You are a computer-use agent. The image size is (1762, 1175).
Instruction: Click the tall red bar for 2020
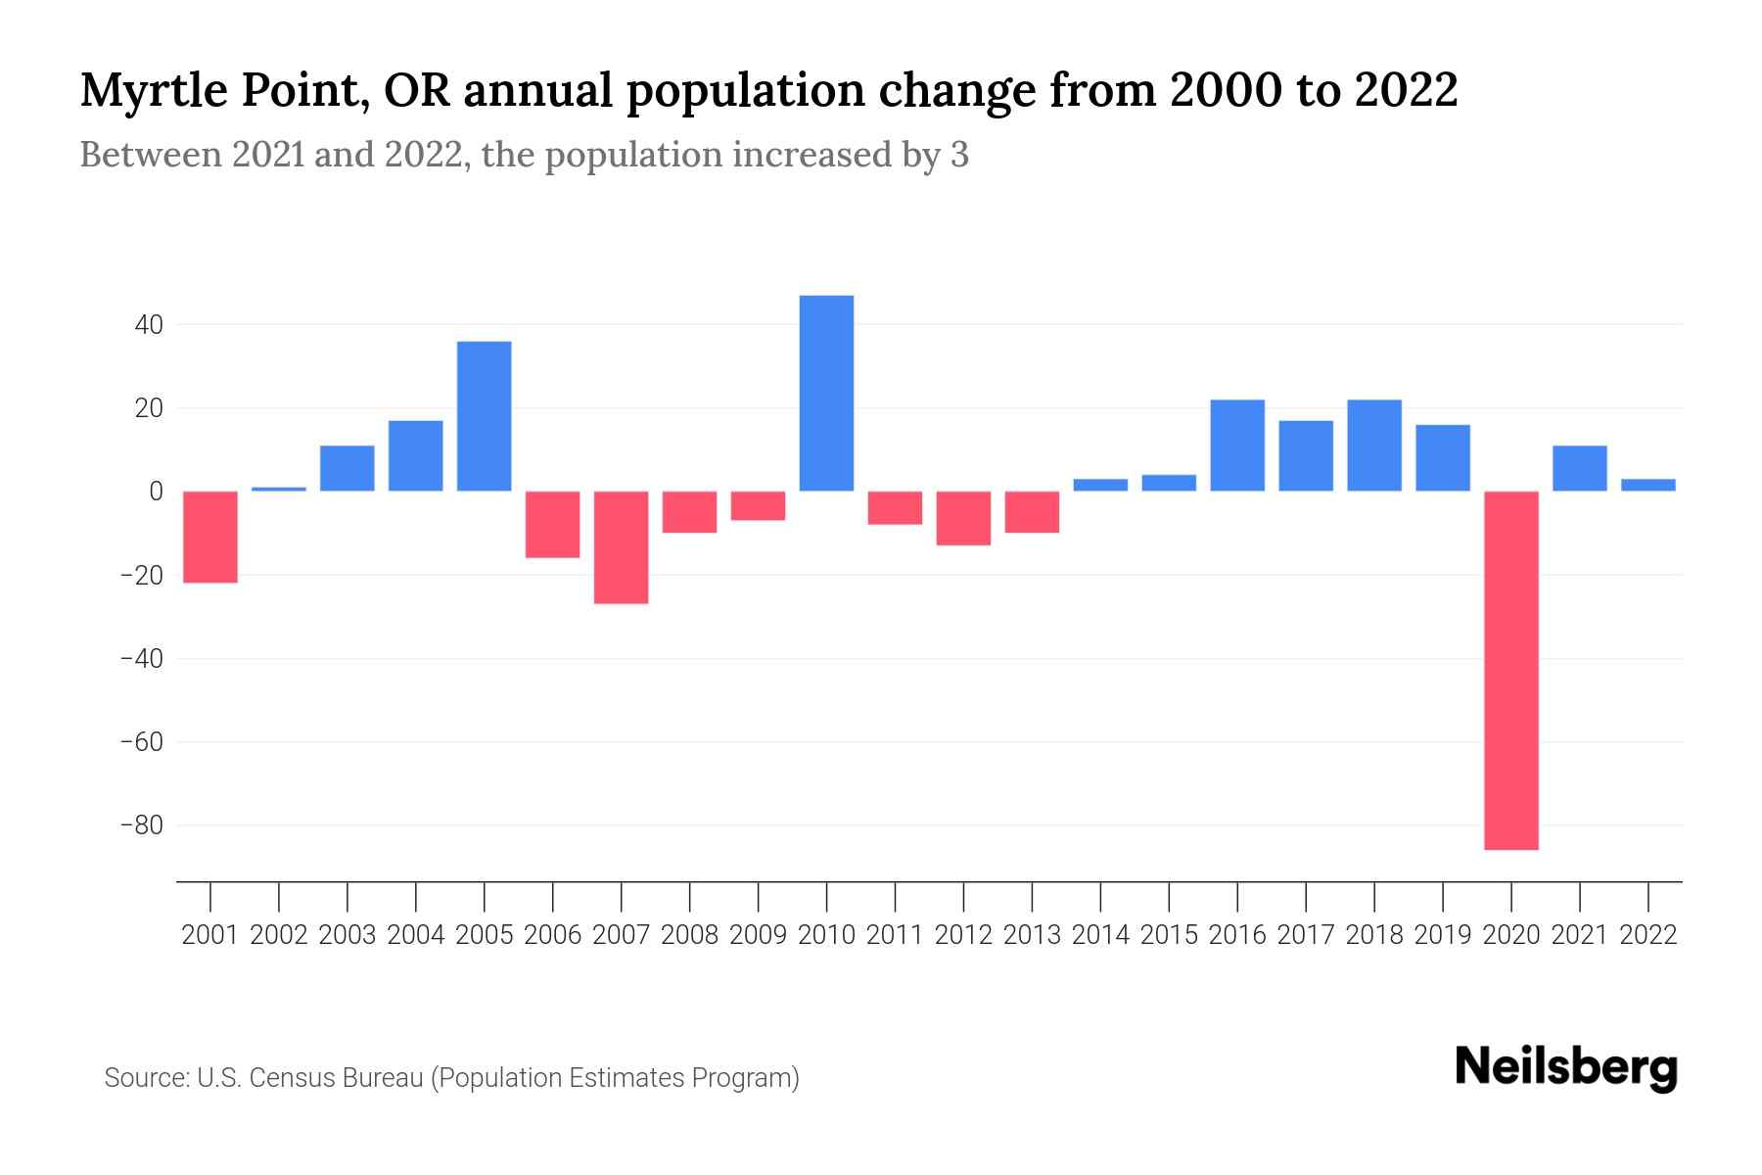tap(1511, 670)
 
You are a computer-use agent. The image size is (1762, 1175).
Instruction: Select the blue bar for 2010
tap(826, 393)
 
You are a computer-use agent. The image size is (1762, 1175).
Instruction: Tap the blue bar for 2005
tap(485, 416)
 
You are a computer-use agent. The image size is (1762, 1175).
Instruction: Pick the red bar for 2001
tap(210, 537)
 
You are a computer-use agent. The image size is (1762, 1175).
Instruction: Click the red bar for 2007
tap(621, 547)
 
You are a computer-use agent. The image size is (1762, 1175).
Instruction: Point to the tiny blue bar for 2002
tap(279, 489)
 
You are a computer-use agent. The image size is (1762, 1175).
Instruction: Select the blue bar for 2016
tap(1237, 446)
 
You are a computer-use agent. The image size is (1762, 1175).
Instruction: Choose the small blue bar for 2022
tap(1648, 485)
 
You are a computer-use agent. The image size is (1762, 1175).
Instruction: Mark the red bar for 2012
tap(963, 518)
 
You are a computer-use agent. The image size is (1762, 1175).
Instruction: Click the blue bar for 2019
tap(1443, 457)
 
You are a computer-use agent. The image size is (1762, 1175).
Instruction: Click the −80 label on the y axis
tap(141, 825)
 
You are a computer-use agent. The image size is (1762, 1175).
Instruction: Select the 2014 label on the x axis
tap(1100, 935)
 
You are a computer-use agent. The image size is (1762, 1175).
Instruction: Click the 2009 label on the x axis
tap(758, 935)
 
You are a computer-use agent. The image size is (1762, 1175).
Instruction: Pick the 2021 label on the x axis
tap(1580, 935)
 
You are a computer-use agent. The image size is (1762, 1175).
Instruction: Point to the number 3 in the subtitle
tap(959, 155)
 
